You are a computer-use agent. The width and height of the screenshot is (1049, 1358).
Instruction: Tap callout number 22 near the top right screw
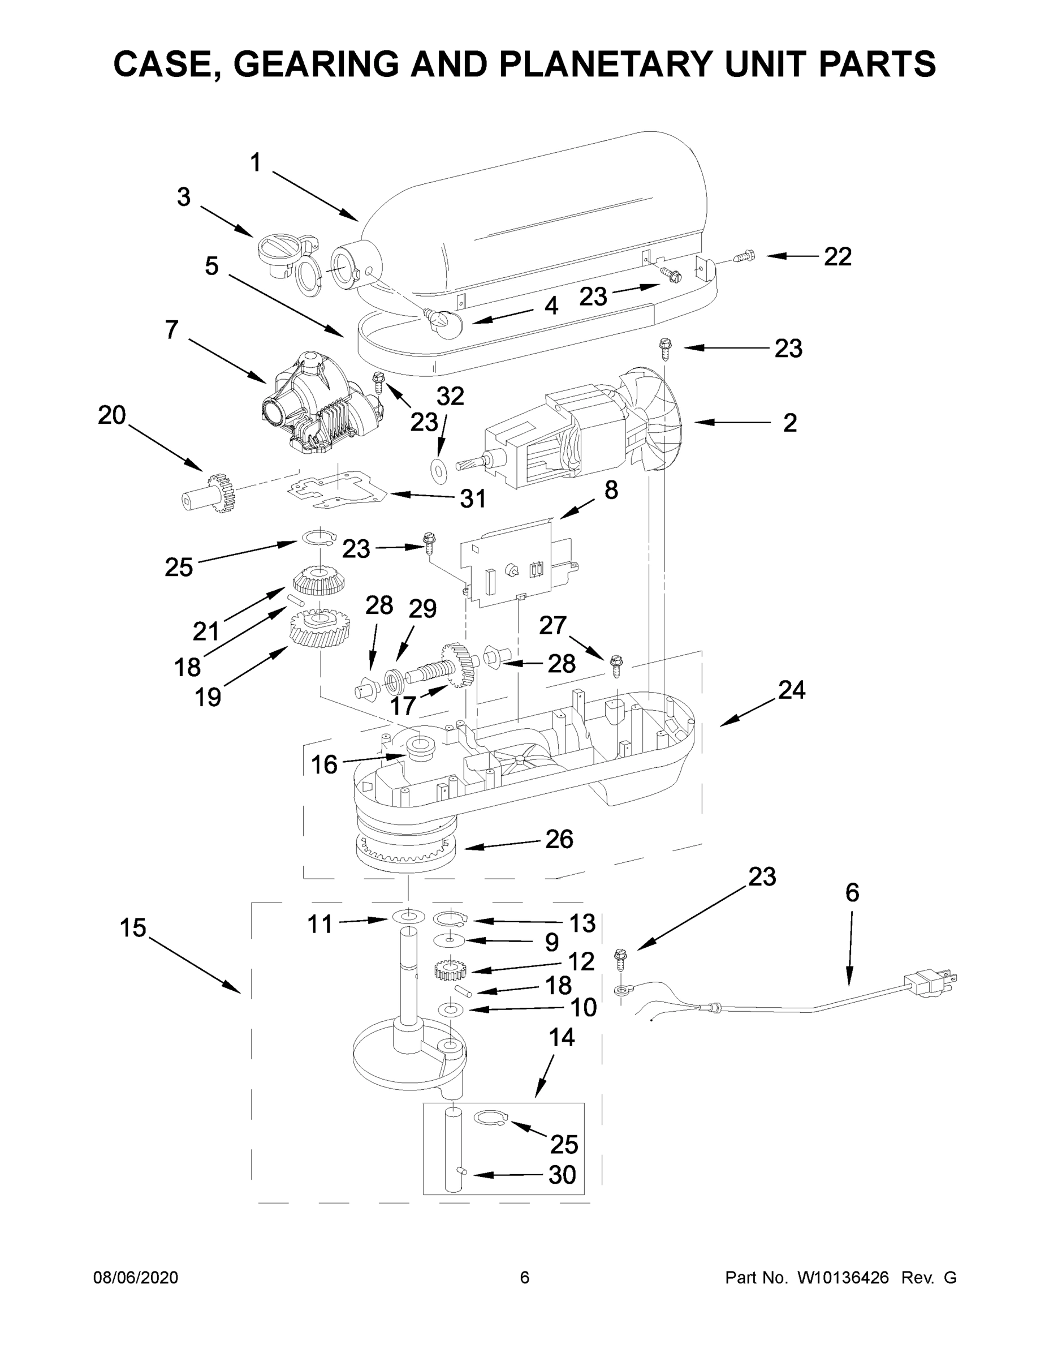click(x=837, y=256)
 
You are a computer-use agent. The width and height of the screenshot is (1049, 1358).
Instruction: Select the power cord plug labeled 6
click(x=931, y=982)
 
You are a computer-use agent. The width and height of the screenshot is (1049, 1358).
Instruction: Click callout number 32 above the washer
click(x=450, y=396)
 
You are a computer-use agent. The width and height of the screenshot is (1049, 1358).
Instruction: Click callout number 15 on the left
click(x=132, y=928)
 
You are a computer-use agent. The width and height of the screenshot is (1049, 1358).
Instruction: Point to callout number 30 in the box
click(x=562, y=1175)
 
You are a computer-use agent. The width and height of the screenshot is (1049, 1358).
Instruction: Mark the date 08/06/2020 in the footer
click(x=136, y=1278)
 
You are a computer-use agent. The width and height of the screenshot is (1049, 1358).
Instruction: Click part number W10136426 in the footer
click(x=843, y=1278)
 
